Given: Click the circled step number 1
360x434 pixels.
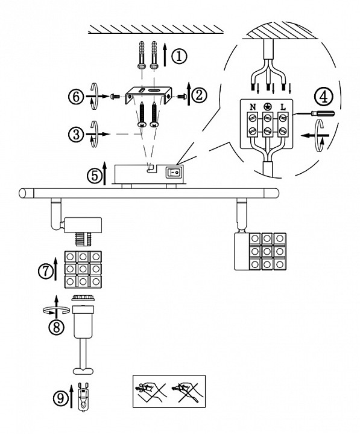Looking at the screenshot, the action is pos(179,56).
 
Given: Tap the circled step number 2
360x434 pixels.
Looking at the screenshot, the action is pos(199,96).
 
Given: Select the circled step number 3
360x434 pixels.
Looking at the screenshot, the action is pos(76,135).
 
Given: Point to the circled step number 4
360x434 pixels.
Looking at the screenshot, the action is pos(323,97).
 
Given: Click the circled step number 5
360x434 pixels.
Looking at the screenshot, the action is pos(95,176).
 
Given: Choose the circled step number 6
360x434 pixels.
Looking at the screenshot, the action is pos(76,97).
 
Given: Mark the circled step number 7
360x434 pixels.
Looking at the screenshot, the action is pos(46,271).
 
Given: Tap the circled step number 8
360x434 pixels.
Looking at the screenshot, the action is pos(57,328).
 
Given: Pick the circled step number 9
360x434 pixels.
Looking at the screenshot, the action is pos(60,398).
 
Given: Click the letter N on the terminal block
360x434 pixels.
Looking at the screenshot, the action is pos(253,107).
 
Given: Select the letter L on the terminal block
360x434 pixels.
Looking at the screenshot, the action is pos(283,107).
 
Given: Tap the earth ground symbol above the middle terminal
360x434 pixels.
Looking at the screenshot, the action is pos(267,106).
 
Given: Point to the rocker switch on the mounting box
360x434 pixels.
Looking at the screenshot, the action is pos(173,173).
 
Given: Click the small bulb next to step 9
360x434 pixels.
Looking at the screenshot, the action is pos(83,395).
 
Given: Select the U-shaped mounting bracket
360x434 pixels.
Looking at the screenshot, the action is pos(148,96).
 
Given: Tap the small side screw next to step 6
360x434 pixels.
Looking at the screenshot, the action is pos(115,97).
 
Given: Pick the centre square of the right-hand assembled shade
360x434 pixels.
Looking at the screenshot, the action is pos(267,251).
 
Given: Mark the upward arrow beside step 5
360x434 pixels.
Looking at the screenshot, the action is pos(104,174).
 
